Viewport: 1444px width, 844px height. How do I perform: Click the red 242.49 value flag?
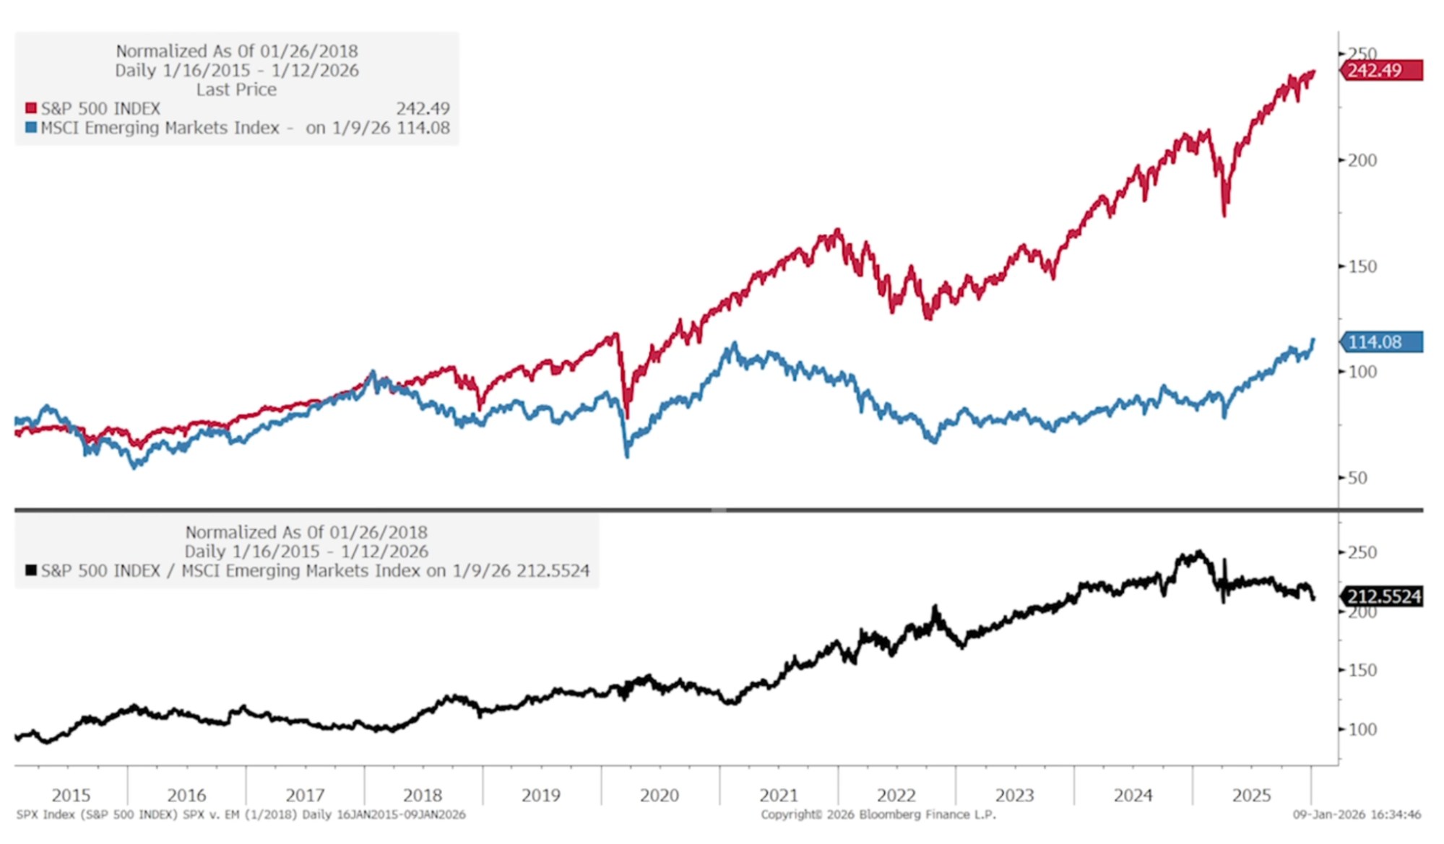click(x=1380, y=71)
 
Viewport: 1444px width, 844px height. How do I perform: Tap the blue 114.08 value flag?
click(x=1380, y=341)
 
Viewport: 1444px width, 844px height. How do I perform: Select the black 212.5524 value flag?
click(x=1382, y=596)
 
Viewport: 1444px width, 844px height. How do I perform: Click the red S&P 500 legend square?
click(x=31, y=108)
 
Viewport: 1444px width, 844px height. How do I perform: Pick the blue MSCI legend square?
click(x=31, y=128)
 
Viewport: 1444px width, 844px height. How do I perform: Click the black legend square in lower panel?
click(x=31, y=570)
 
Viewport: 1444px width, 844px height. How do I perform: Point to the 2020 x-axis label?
click(x=659, y=795)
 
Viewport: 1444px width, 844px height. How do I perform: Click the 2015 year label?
click(x=71, y=795)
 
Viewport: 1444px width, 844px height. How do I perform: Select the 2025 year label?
click(x=1251, y=795)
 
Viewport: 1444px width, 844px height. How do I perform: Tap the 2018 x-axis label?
click(x=423, y=795)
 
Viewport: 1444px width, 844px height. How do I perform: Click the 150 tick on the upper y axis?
click(x=1362, y=266)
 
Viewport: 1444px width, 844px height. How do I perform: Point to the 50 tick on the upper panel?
click(x=1357, y=478)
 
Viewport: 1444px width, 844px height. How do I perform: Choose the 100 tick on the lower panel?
click(x=1362, y=729)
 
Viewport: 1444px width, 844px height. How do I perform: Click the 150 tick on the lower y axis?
click(x=1362, y=670)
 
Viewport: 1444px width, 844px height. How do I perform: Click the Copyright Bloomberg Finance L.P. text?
click(x=878, y=814)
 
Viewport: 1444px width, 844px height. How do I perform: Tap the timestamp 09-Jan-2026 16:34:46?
click(x=1357, y=814)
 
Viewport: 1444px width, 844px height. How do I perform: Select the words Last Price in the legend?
click(x=236, y=90)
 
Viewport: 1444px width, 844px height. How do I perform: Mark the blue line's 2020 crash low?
click(x=626, y=455)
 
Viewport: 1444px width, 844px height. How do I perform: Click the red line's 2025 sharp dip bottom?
click(x=1224, y=214)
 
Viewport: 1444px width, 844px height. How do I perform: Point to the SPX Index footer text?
click(x=241, y=814)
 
